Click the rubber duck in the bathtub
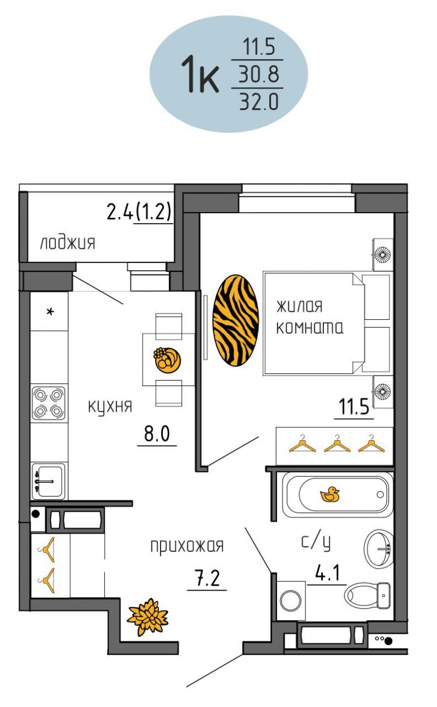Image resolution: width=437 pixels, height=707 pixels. [329, 494]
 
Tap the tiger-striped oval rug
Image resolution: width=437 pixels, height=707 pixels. [235, 320]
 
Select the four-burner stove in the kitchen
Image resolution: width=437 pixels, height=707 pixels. [48, 403]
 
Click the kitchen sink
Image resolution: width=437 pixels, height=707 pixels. [48, 482]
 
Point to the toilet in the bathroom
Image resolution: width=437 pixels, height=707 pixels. [367, 595]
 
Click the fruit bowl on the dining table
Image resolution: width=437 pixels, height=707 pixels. [167, 360]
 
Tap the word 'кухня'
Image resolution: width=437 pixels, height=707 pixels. [110, 407]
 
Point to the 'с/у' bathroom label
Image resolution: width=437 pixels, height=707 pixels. [316, 542]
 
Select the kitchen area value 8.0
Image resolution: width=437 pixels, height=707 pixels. [157, 434]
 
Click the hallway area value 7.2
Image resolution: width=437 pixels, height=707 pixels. [207, 578]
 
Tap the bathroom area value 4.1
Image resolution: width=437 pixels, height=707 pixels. [328, 573]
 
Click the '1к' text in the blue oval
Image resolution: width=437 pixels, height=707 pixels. [199, 74]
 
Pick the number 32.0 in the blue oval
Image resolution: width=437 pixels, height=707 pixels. [259, 102]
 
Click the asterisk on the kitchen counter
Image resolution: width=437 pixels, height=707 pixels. [50, 312]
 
